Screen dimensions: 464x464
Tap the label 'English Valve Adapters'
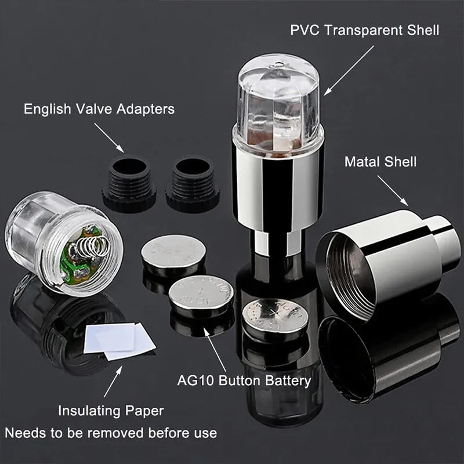[x=99, y=109]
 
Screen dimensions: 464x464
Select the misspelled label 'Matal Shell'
[x=380, y=161]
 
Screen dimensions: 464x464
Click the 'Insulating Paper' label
[x=111, y=411]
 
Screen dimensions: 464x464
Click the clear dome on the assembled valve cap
[x=278, y=96]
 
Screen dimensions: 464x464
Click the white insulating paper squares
[x=119, y=339]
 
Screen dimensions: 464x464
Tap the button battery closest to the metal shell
[x=274, y=316]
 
